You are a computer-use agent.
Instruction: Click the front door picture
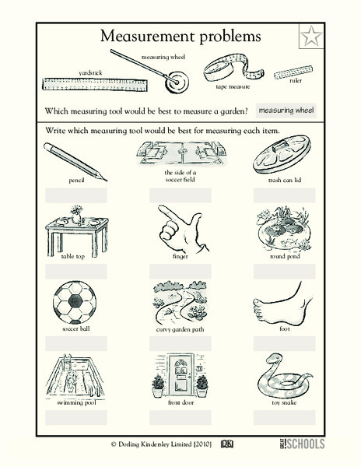[x=180, y=376]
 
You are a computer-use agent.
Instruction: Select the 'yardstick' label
[x=90, y=72]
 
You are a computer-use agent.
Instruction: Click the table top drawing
[x=76, y=228]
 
